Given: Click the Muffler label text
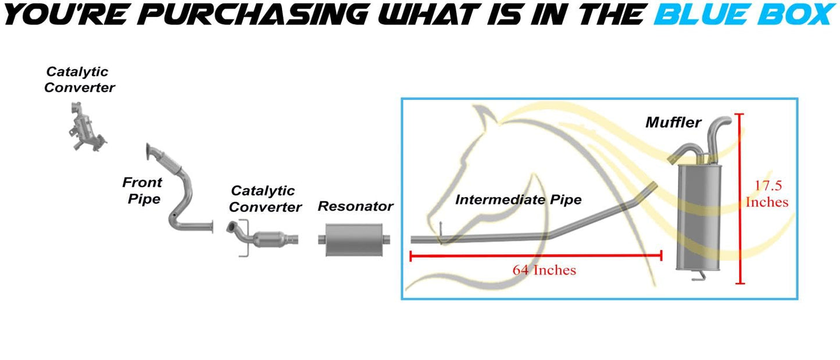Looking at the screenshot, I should click(673, 123).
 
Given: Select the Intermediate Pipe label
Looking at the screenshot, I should click(518, 200).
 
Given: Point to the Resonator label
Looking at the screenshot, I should click(355, 206).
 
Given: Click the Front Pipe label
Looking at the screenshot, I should click(141, 190).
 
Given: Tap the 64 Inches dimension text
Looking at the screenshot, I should click(544, 270).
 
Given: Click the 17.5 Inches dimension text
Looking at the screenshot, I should click(767, 194).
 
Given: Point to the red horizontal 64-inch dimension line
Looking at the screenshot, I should click(535, 255).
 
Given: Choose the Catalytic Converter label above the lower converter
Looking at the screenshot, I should click(265, 198).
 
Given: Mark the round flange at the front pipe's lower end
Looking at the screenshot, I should click(213, 227).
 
